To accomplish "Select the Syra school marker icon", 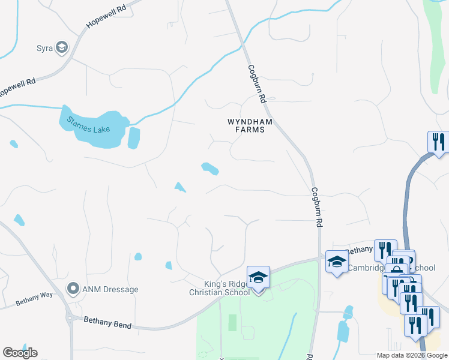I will tap(61, 48).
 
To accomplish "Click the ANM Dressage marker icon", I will tap(73, 289).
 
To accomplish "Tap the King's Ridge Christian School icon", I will tap(258, 277).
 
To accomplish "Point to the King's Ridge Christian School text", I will tap(219, 288).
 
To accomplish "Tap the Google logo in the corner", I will tap(20, 353).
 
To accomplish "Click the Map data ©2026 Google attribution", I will tap(412, 355).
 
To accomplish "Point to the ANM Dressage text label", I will tap(111, 289).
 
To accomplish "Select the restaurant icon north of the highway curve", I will tap(438, 142).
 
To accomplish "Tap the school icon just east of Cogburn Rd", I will tap(337, 262).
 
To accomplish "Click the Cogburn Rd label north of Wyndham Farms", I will tap(257, 78).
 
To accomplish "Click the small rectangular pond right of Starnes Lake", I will tap(133, 138).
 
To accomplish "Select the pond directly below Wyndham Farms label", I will tap(209, 169).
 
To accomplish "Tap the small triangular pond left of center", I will tap(179, 187).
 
